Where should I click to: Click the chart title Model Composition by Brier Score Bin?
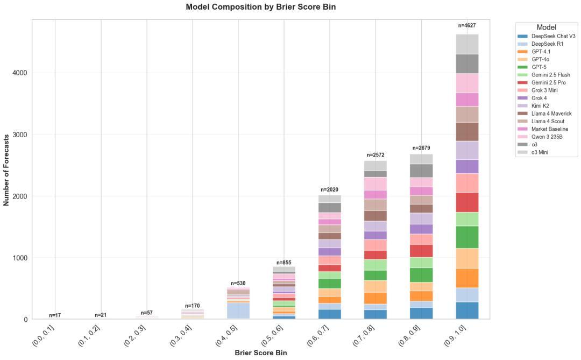[260, 7]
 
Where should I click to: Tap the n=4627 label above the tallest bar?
[466, 25]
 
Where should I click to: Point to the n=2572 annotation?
[375, 155]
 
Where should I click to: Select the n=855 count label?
[284, 263]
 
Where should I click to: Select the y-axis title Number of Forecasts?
[6, 170]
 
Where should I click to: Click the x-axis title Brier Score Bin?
[260, 353]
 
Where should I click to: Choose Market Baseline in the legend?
[548, 129]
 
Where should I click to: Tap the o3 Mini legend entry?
[540, 152]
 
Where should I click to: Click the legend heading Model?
[546, 27]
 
